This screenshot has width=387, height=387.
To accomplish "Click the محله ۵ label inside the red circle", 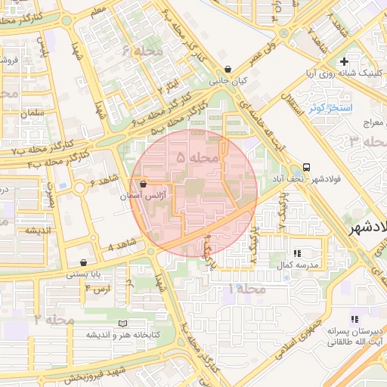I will (x=197, y=158).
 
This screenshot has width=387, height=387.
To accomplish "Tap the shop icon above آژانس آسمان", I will (x=143, y=184).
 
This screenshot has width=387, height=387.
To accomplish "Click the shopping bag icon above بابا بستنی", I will (x=82, y=263).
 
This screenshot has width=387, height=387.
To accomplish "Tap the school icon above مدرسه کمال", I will (x=296, y=253).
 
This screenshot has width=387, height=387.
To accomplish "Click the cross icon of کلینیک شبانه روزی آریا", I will (x=345, y=61).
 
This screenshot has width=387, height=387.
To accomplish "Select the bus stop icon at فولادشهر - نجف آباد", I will (x=306, y=167).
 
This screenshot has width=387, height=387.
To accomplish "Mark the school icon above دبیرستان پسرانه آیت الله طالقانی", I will (x=354, y=319).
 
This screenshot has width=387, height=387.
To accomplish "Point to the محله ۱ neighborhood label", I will (x=250, y=289).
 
